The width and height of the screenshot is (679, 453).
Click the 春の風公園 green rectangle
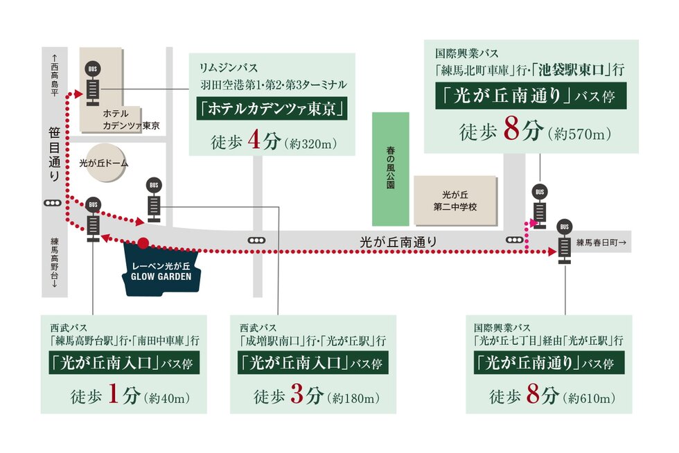tap(391, 169)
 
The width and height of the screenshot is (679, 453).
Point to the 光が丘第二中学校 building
tap(455, 201)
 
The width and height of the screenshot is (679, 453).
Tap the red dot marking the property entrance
tap(143, 243)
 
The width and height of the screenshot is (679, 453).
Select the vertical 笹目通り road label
tap(54, 154)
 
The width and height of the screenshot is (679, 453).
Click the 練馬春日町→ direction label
tap(601, 242)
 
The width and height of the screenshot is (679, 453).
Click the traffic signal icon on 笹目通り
tap(52, 204)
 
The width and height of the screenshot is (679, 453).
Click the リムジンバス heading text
tap(228, 68)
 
